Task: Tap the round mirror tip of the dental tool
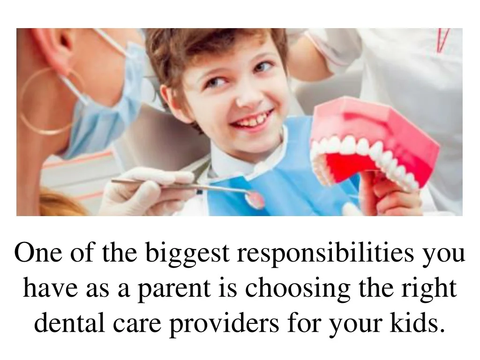pos(255,200)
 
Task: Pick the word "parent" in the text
pos(174,289)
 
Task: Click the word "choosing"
pos(298,289)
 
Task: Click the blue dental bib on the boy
pos(276,172)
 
